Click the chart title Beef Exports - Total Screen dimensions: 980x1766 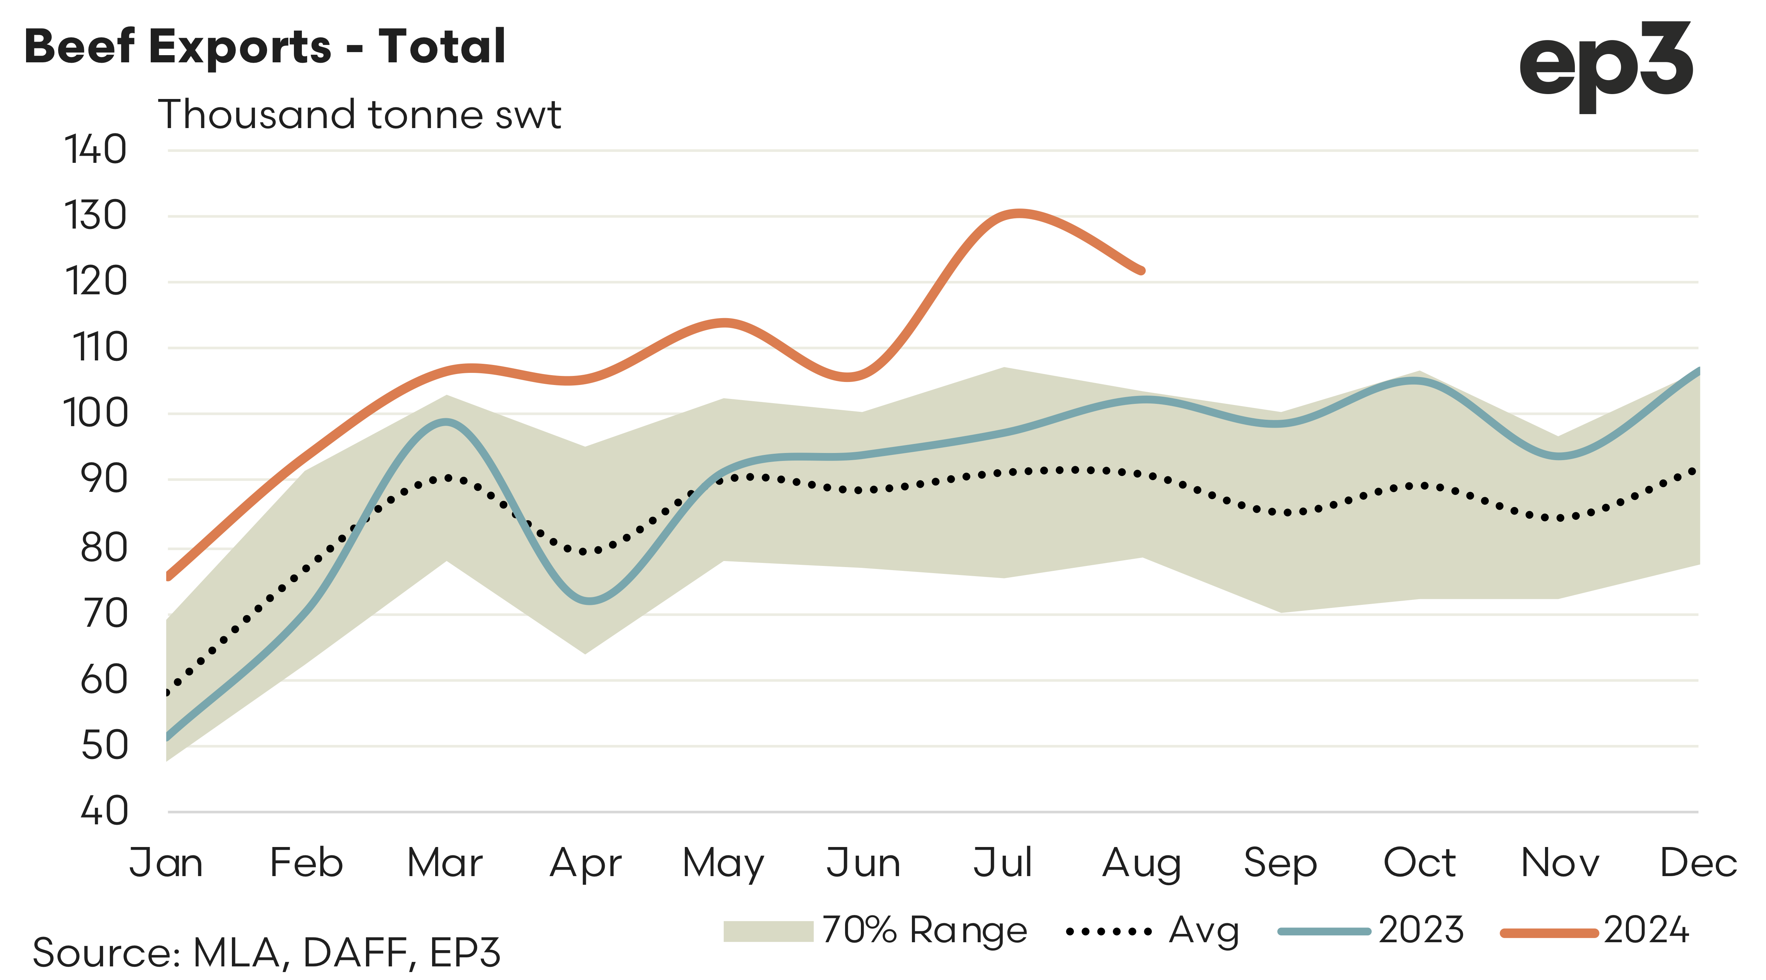265,46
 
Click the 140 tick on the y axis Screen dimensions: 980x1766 95,150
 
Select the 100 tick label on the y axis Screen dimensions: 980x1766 95,414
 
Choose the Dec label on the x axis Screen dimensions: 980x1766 1698,863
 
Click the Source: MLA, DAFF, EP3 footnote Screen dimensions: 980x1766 266,952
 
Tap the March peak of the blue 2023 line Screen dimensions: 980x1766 446,422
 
